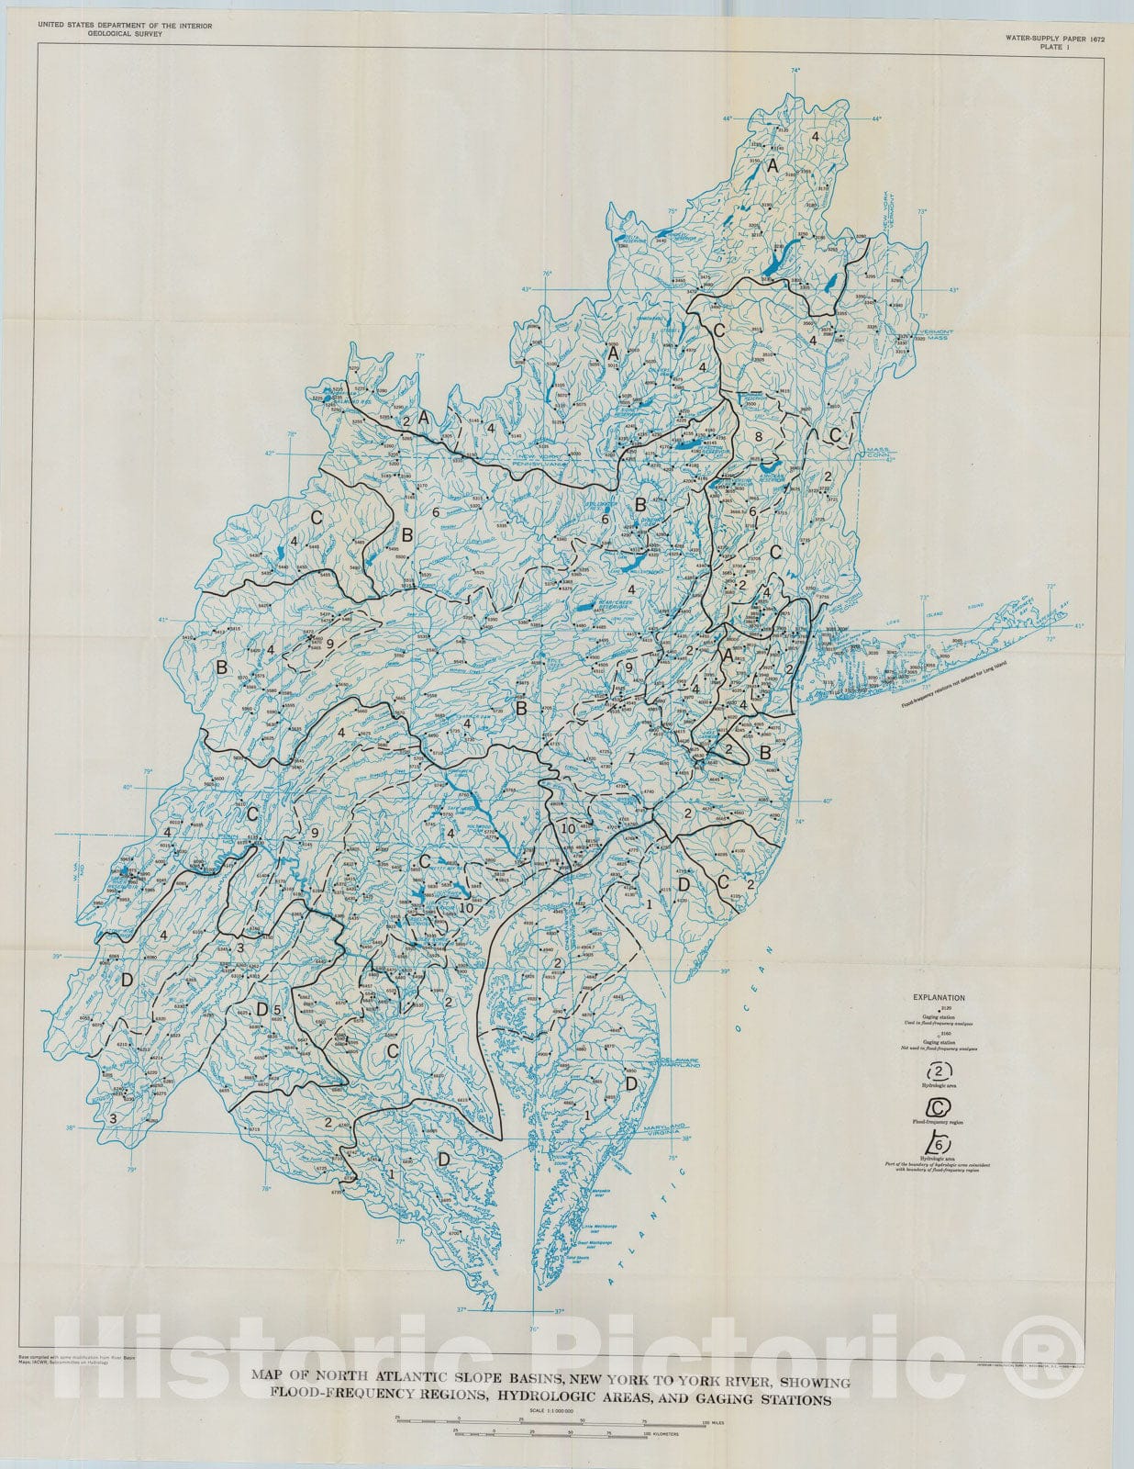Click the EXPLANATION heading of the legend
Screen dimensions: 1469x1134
(938, 996)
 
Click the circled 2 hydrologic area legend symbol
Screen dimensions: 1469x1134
(938, 1070)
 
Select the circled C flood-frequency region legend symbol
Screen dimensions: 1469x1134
(938, 1108)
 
